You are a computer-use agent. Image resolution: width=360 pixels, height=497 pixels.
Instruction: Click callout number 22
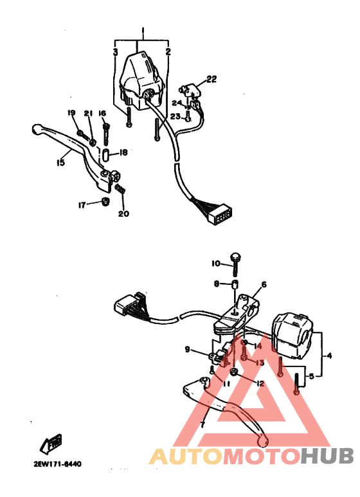coord(212,79)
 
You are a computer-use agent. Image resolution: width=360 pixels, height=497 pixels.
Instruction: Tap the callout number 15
coord(60,163)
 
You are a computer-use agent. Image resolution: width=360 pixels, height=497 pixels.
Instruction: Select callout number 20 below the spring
coord(123,213)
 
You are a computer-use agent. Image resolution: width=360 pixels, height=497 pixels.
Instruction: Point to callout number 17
coord(82,205)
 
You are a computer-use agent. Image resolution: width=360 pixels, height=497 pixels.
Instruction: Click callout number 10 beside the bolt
coord(216,264)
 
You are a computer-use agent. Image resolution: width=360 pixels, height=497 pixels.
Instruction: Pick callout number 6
coord(264,284)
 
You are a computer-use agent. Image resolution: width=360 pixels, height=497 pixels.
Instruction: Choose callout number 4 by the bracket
coord(329,356)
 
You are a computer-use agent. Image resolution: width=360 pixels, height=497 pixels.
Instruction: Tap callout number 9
coord(187,349)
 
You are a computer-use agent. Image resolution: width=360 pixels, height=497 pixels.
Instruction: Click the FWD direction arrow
coord(51,444)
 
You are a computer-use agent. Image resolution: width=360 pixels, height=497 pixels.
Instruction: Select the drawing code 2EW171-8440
coord(57,464)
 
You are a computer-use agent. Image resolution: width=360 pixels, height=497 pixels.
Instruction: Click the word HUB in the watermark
coord(327,456)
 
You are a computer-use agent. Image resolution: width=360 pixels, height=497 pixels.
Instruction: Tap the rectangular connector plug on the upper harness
coord(220,214)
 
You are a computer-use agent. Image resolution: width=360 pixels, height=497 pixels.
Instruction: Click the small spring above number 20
coord(120,188)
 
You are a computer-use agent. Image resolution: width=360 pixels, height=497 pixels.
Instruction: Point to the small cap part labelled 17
coord(105,202)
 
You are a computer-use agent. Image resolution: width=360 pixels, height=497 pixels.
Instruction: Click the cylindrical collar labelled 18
coord(106,153)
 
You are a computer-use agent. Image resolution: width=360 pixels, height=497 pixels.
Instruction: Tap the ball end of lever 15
coord(37,129)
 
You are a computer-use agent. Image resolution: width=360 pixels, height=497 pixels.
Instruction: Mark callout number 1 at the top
coord(143,31)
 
